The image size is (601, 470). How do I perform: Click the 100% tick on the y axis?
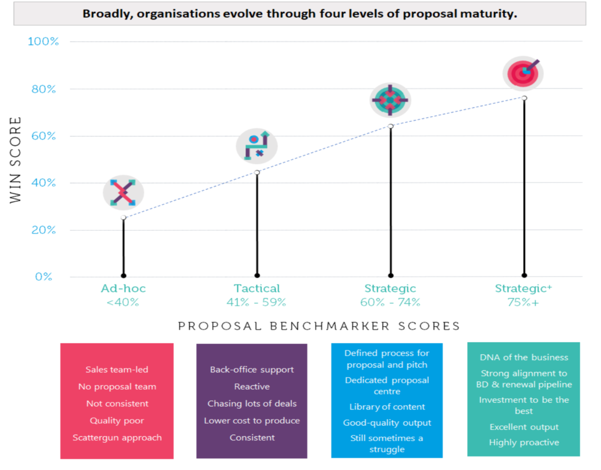43,42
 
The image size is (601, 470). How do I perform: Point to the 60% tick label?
43,136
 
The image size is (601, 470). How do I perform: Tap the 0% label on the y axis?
43,277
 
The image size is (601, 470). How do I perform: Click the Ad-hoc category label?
123,288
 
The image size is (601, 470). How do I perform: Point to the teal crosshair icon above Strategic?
390,100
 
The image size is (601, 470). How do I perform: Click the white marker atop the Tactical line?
257,173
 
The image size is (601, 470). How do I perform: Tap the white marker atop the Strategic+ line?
524,98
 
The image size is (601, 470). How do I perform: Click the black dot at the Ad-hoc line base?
124,276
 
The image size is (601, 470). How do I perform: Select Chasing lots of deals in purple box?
252,403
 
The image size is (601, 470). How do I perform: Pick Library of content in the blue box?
387,407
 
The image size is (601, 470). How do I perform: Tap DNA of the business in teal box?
524,357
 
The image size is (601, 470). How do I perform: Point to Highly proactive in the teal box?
524,442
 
